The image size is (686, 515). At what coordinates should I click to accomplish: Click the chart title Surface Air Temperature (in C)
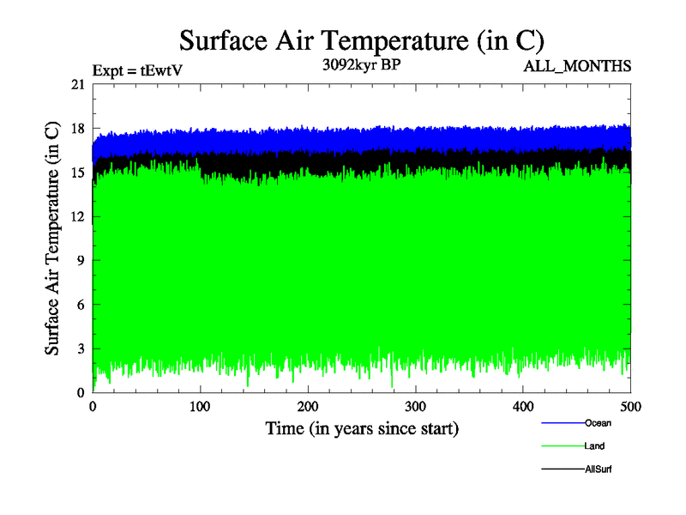tap(361, 39)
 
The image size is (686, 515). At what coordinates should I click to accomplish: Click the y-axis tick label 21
tap(77, 84)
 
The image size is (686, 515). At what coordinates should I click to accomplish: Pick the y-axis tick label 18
tap(77, 129)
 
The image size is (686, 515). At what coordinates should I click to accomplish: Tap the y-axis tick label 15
tap(77, 173)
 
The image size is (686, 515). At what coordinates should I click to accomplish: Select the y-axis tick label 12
tap(77, 216)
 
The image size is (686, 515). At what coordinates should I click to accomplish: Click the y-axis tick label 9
tap(81, 260)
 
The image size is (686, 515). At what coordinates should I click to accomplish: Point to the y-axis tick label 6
tap(81, 305)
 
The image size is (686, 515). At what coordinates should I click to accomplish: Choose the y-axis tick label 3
tap(81, 348)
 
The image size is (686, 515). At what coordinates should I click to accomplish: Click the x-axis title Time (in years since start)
tap(362, 427)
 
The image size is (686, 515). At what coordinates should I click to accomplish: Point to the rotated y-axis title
tap(52, 239)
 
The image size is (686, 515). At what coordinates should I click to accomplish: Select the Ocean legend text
tap(598, 423)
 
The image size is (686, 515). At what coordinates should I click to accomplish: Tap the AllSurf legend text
tap(599, 470)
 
